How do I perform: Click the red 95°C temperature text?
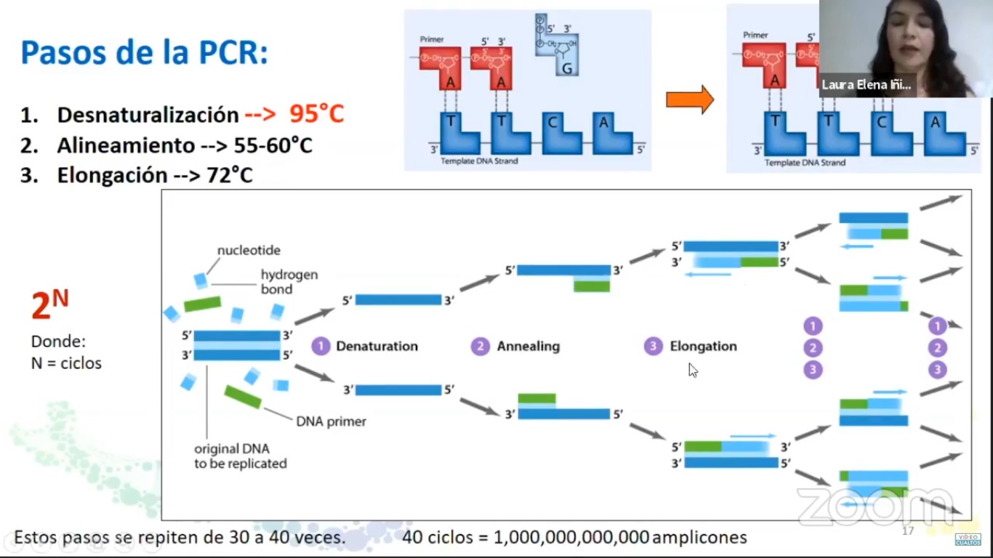click(x=316, y=114)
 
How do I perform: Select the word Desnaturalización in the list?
click(x=148, y=115)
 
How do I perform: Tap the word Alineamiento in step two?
click(x=126, y=145)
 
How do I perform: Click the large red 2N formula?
click(x=49, y=305)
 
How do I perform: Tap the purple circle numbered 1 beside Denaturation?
click(x=321, y=346)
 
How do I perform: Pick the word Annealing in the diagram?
click(x=528, y=347)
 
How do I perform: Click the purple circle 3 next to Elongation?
click(x=653, y=347)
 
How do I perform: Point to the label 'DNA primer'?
click(x=331, y=421)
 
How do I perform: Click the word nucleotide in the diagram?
click(x=249, y=251)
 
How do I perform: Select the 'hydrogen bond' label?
click(x=289, y=282)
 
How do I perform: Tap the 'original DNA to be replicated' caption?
click(x=240, y=456)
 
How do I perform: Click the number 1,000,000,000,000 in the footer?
click(x=571, y=538)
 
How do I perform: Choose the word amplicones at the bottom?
click(x=699, y=538)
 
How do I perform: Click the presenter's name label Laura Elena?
click(x=866, y=85)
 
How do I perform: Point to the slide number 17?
click(x=907, y=531)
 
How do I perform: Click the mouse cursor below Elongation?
click(x=693, y=371)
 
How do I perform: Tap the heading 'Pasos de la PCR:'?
click(x=144, y=52)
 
